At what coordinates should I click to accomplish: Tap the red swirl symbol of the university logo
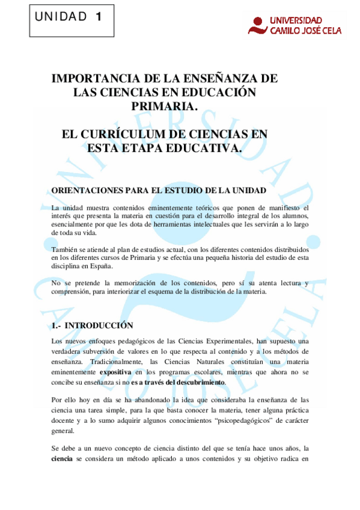pos(258,25)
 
